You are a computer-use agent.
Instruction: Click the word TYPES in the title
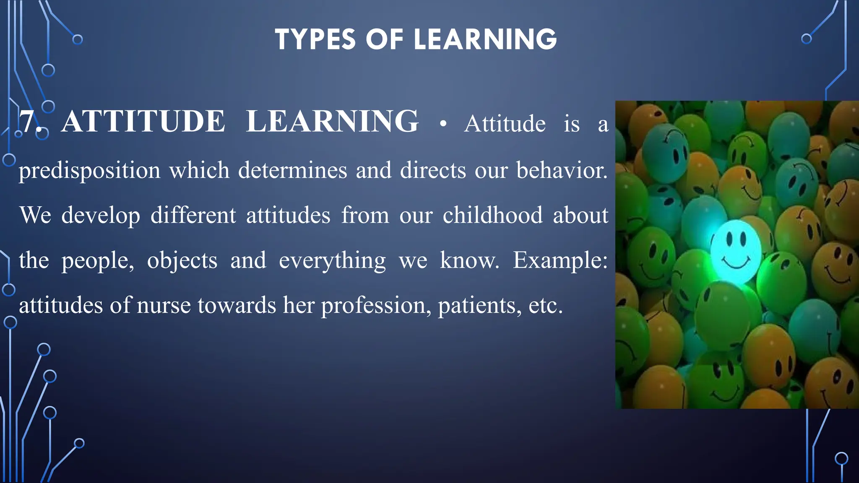pos(315,40)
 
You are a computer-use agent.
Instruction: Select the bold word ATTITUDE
pos(143,122)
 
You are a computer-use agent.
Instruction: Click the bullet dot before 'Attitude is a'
pos(443,124)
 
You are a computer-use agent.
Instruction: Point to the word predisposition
pos(89,171)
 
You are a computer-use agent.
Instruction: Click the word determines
pos(292,170)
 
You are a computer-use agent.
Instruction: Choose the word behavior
pos(561,170)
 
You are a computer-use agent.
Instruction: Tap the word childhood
pos(492,215)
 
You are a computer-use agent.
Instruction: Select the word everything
pos(332,261)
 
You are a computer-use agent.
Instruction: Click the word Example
pos(560,261)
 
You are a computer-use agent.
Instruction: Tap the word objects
pos(182,261)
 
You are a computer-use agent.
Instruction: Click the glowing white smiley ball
pos(736,252)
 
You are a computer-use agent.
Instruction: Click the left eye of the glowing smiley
pos(729,239)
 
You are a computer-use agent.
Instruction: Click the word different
pos(193,215)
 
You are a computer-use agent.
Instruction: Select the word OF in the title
pos(384,40)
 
